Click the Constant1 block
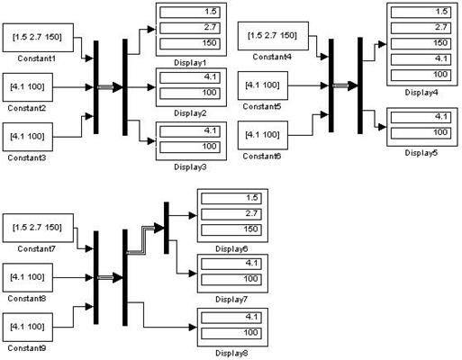pyautogui.click(x=38, y=38)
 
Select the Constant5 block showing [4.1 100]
pyautogui.click(x=263, y=85)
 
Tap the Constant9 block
pyautogui.click(x=28, y=327)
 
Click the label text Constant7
pyautogui.click(x=37, y=248)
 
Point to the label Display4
pyautogui.click(x=421, y=93)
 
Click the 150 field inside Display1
pyautogui.click(x=190, y=43)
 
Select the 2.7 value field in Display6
pyautogui.click(x=231, y=214)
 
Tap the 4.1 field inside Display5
pyautogui.click(x=421, y=117)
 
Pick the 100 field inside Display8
pyautogui.click(x=231, y=333)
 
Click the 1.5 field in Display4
pyautogui.click(x=421, y=13)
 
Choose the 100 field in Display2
pyautogui.click(x=190, y=93)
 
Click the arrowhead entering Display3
pyautogui.click(x=151, y=140)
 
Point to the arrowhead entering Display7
pyautogui.click(x=193, y=274)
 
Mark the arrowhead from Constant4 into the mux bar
pyautogui.click(x=324, y=57)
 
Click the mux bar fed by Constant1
pyautogui.click(x=96, y=87)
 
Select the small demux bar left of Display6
pyautogui.click(x=167, y=228)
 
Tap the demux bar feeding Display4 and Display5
pyautogui.click(x=360, y=85)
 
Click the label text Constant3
pyautogui.click(x=27, y=157)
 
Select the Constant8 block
pyautogui.click(x=28, y=277)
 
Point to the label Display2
pyautogui.click(x=190, y=113)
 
